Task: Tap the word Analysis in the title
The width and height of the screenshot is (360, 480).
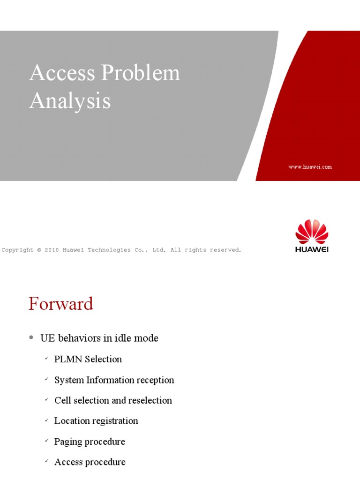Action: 70,101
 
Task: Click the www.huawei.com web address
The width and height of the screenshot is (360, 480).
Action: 310,167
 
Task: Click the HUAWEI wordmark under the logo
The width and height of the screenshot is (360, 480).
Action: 312,249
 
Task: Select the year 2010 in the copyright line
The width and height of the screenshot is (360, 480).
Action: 51,250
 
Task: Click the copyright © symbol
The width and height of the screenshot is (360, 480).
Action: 39,250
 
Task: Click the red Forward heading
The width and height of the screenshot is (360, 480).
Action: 61,304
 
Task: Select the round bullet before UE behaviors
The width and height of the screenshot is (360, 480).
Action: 31,337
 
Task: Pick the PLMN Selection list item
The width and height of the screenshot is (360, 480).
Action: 88,359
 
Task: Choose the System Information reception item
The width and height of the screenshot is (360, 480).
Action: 114,380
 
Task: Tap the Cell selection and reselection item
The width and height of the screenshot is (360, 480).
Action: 113,400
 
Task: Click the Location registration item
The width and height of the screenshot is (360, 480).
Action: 96,420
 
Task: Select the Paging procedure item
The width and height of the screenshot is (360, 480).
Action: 90,442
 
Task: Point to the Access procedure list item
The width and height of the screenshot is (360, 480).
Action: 90,462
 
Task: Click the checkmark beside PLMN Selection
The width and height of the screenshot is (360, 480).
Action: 46,359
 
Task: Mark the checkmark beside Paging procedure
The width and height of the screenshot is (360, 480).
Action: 46,442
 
